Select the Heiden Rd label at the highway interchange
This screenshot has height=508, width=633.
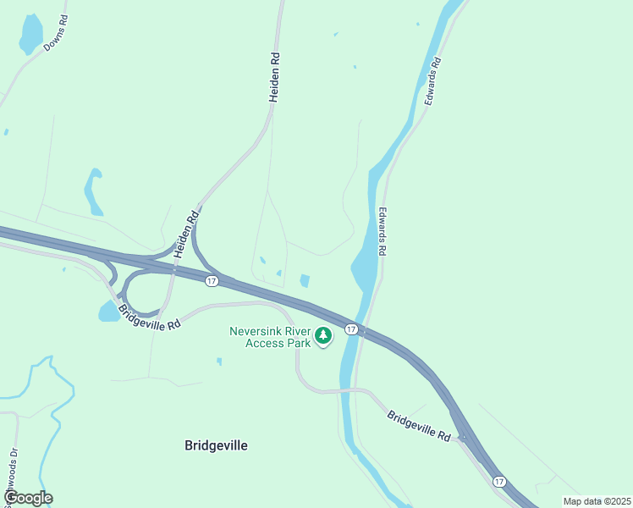tap(186, 234)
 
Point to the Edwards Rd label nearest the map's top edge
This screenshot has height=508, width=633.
tap(432, 80)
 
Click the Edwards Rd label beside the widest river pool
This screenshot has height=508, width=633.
tap(383, 231)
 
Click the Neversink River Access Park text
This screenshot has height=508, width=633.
tap(269, 337)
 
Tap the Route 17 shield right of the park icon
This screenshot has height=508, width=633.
tap(350, 328)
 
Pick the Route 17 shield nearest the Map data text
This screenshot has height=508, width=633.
tap(499, 481)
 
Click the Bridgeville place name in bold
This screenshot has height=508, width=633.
tap(216, 445)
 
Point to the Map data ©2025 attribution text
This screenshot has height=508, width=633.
tap(596, 501)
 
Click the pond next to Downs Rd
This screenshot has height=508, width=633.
tap(30, 34)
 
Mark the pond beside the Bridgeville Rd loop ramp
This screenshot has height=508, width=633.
tap(109, 312)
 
